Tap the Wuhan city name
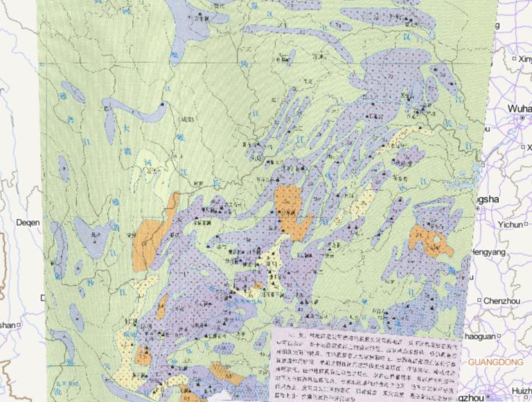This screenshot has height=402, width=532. (x=519, y=109)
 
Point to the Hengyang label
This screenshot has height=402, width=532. (x=490, y=253)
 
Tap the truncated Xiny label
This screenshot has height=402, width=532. (x=523, y=61)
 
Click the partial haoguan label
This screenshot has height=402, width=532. (x=484, y=335)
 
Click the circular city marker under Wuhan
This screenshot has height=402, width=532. (x=519, y=119)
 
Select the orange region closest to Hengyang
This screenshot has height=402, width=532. (x=428, y=240)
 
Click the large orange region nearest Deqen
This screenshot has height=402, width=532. (x=149, y=243)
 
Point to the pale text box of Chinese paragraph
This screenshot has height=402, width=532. (x=364, y=360)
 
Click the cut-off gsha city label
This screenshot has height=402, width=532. (x=486, y=200)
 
